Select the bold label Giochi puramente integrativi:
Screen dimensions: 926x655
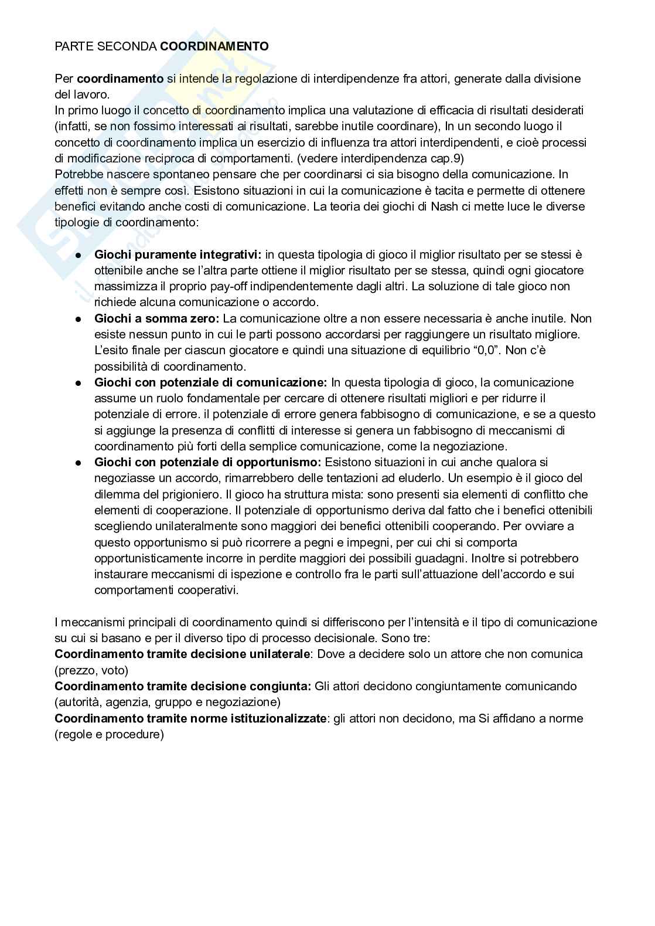point(178,255)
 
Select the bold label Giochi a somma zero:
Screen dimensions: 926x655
point(156,318)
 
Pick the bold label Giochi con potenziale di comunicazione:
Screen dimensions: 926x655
point(210,382)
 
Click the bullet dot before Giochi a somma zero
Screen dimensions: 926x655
point(77,319)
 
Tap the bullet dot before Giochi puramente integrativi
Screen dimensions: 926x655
point(77,255)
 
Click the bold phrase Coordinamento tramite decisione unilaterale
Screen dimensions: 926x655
point(182,654)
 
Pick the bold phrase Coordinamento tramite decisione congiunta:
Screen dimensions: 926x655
point(183,686)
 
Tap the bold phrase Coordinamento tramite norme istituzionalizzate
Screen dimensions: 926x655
point(190,718)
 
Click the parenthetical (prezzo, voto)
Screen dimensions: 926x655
point(91,670)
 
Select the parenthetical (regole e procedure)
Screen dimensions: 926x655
point(109,734)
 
